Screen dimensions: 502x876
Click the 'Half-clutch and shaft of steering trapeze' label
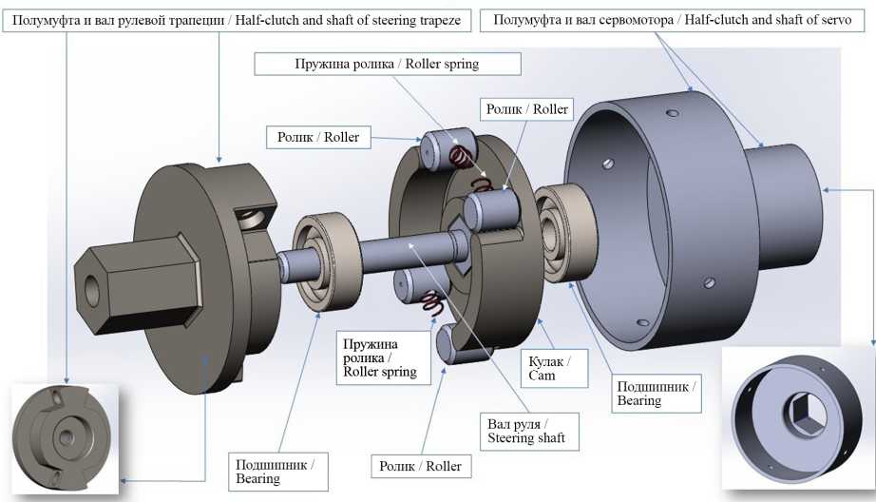click(x=237, y=20)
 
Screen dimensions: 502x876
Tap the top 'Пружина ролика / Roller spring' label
click(x=388, y=65)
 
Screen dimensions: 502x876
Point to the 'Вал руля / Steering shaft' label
click(x=518, y=430)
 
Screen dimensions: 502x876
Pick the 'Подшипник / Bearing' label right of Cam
click(x=657, y=393)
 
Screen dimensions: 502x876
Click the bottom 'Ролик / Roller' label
click(x=420, y=466)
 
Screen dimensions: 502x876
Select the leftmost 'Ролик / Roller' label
click(x=318, y=138)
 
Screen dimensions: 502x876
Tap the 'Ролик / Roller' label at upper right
click(x=526, y=109)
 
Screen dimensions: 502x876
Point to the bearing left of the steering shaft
click(x=322, y=261)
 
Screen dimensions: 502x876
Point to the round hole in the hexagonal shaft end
click(x=91, y=290)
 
